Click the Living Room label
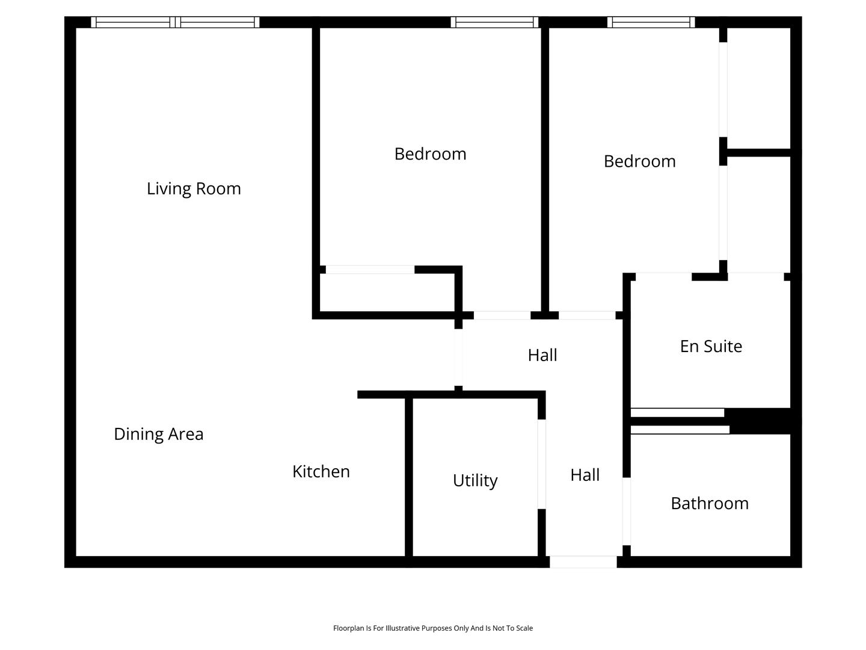[x=194, y=188]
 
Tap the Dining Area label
[x=159, y=434]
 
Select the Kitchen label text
[x=321, y=472]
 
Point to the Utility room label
[x=475, y=481]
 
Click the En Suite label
[x=711, y=347]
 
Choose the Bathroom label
[x=710, y=504]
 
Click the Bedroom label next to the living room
[x=431, y=154]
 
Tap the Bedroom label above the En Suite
[x=639, y=161]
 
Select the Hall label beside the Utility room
[x=585, y=475]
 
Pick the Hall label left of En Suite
[x=542, y=355]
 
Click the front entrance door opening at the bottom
[x=583, y=562]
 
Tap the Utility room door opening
[x=542, y=464]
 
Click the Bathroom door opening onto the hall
[x=627, y=512]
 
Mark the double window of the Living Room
[x=175, y=22]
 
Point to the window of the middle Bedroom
[x=494, y=22]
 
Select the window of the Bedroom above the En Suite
[x=651, y=22]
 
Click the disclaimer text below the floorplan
[x=433, y=628]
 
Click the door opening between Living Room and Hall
[x=458, y=357]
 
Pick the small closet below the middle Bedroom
[x=387, y=292]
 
